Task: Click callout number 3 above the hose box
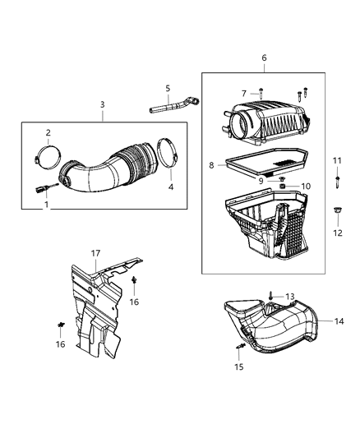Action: (x=102, y=104)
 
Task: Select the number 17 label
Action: (x=95, y=254)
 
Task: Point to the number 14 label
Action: (x=339, y=321)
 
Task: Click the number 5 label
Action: (x=167, y=89)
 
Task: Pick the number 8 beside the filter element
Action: (x=211, y=165)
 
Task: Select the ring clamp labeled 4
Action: (x=168, y=155)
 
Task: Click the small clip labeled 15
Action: (x=239, y=348)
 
